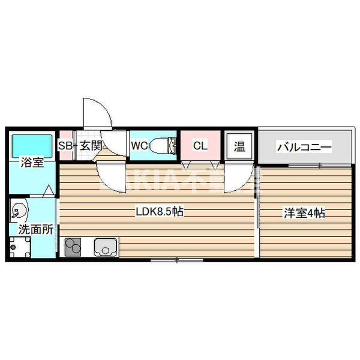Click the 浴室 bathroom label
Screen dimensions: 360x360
pyautogui.click(x=32, y=162)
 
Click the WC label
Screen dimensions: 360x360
pyautogui.click(x=139, y=146)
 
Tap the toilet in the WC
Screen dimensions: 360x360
pyautogui.click(x=164, y=145)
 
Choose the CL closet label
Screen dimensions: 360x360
pyautogui.click(x=200, y=145)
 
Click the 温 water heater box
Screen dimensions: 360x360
pyautogui.click(x=239, y=146)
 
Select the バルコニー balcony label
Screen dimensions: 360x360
pyautogui.click(x=304, y=146)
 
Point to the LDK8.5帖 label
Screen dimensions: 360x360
pyautogui.click(x=158, y=212)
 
